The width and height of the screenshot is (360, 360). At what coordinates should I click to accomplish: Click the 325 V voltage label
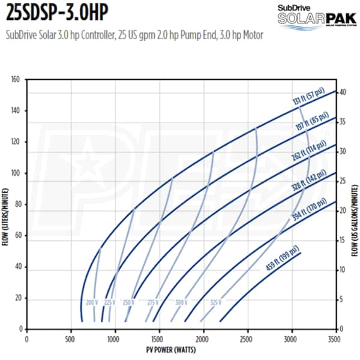pos(216,302)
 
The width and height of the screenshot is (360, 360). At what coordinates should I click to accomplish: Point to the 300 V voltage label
pos(181,302)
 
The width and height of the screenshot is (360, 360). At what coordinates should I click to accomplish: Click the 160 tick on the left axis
pos(16,79)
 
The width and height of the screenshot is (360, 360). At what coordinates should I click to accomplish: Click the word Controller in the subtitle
pos(95,36)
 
